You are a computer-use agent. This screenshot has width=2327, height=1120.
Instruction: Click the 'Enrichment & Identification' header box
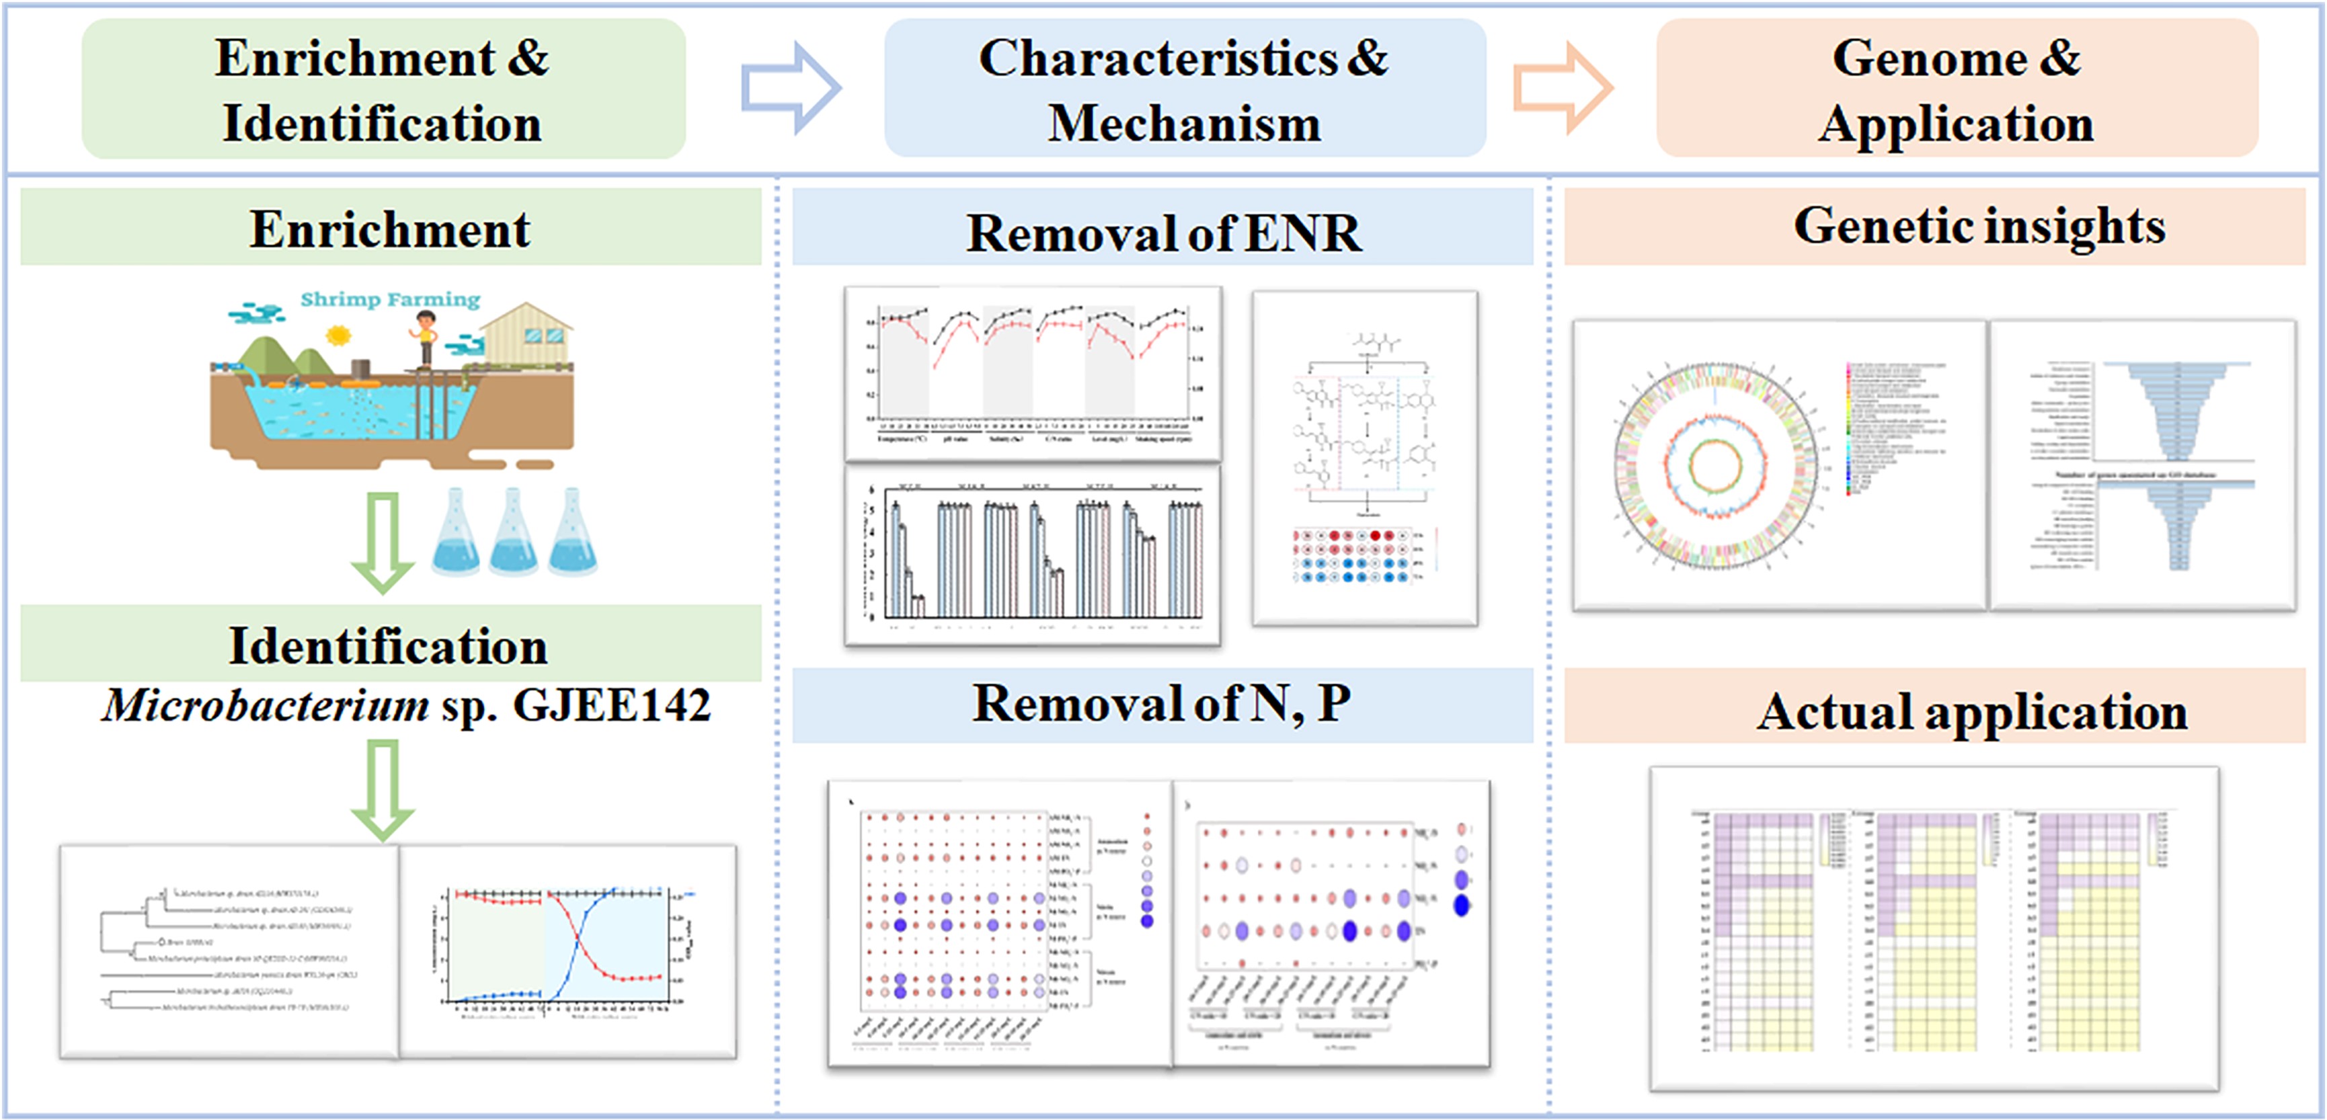tap(383, 89)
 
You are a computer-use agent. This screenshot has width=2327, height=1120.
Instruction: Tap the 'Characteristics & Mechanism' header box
tap(1184, 89)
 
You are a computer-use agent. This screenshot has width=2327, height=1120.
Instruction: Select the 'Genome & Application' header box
tap(1957, 89)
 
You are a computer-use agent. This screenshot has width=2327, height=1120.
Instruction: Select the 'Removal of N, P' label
tap(1162, 705)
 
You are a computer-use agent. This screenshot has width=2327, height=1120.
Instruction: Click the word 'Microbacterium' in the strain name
tap(266, 705)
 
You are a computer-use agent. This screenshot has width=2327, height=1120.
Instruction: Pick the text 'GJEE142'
tap(612, 705)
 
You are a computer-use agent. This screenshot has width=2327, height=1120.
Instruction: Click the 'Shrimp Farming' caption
tap(390, 299)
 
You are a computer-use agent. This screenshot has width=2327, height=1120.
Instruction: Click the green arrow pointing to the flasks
tap(383, 542)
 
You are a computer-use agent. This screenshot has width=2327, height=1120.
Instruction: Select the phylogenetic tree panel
tap(229, 951)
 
